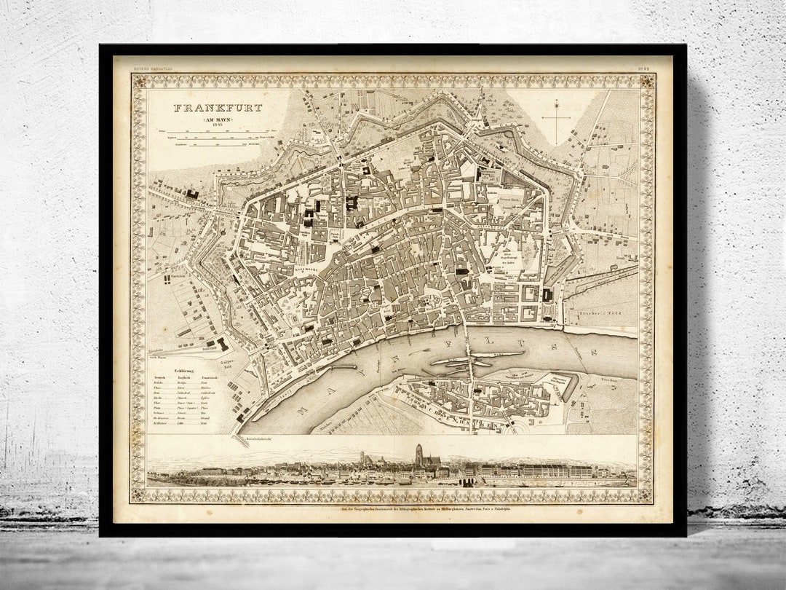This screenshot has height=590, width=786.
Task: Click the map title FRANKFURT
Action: pos(218,108)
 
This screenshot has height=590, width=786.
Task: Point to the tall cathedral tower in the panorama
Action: pos(418,455)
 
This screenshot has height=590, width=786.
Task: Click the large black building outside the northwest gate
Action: pos(192,194)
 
